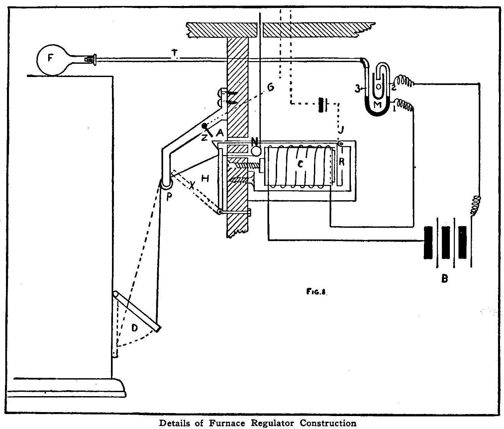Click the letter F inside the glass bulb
50,58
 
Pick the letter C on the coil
300,164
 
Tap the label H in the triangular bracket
205,179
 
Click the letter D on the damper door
135,328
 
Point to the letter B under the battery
444,278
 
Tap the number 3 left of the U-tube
357,89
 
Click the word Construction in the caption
328,423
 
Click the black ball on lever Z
204,126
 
